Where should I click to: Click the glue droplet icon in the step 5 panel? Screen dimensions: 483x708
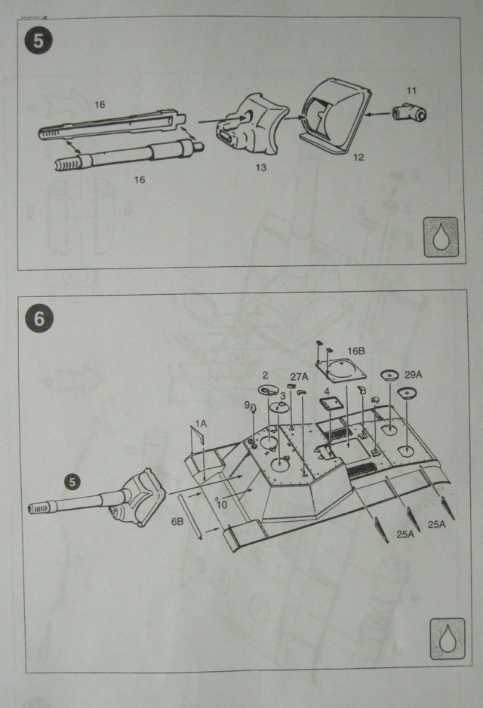440,238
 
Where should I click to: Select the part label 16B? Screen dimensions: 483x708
357,351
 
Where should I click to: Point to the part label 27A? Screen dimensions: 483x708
299,377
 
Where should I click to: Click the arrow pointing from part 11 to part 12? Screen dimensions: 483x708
377,115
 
